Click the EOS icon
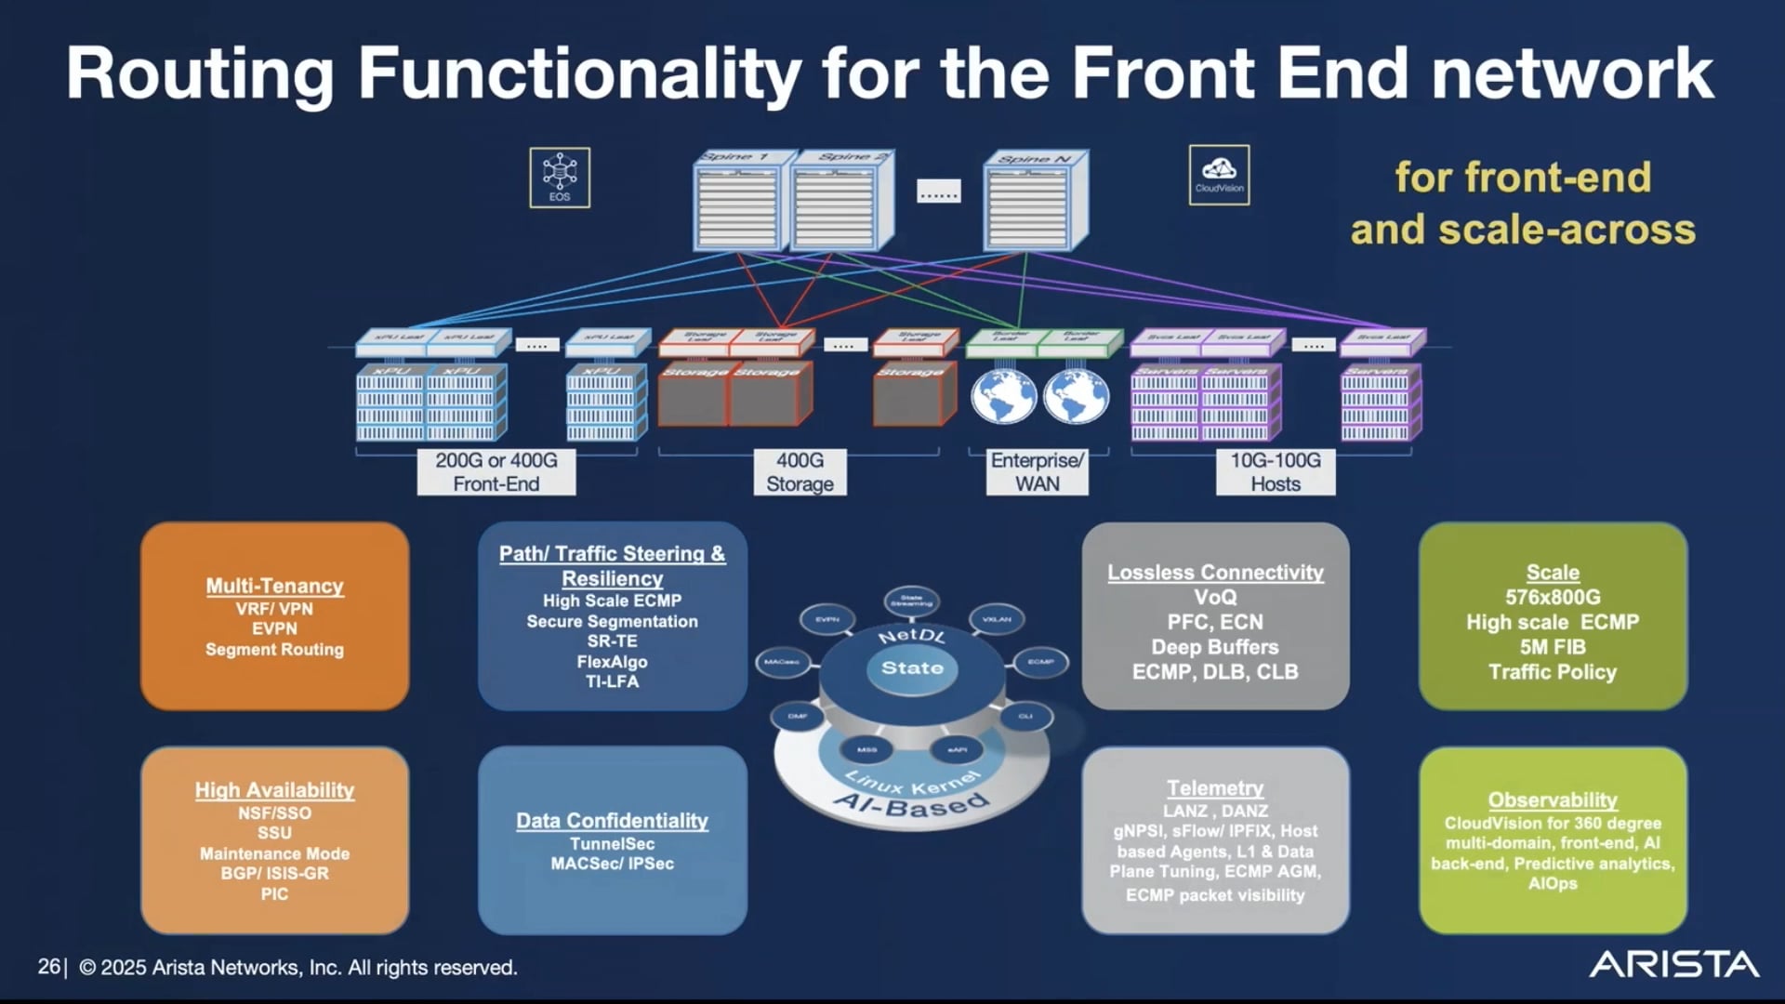(560, 177)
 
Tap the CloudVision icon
(1219, 175)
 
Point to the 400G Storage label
(800, 472)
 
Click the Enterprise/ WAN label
(1037, 472)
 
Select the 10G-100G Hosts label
(1276, 472)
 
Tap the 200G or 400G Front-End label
(496, 472)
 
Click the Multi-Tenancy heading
(274, 586)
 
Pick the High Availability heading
(274, 790)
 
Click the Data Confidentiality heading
(612, 821)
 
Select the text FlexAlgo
(612, 662)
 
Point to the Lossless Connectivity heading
(1215, 573)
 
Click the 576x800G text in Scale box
(1553, 598)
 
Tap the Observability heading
(1553, 800)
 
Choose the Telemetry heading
(1215, 788)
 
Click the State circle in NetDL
(912, 668)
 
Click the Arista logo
(1673, 964)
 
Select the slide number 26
(48, 967)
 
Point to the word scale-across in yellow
(1567, 230)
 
